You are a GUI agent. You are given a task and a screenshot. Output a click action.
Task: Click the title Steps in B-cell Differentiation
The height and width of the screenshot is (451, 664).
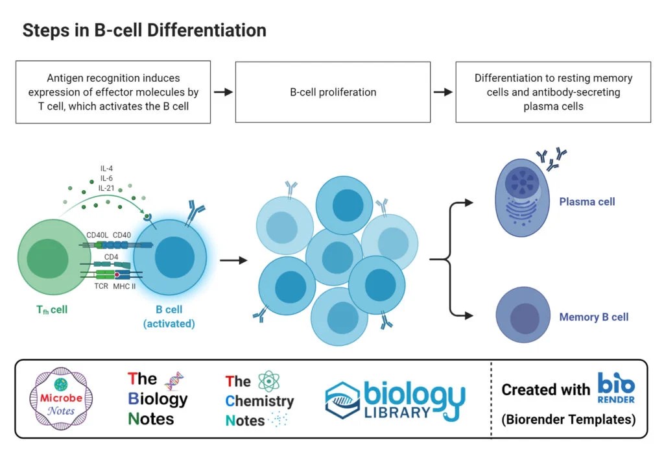click(144, 30)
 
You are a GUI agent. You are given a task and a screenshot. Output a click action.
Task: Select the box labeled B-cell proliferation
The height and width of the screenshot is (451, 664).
click(333, 92)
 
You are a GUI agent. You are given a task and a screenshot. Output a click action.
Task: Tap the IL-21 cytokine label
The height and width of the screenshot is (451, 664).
click(107, 188)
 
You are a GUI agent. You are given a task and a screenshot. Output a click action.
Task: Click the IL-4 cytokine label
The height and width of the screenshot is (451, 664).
click(107, 169)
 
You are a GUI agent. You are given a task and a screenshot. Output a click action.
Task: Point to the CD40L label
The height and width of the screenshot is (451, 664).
click(98, 235)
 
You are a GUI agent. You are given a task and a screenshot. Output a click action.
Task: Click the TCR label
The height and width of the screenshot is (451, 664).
click(101, 286)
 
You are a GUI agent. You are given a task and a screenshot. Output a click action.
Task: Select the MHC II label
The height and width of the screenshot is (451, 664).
click(124, 286)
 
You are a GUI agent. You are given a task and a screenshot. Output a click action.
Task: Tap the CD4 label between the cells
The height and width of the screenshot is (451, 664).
click(112, 257)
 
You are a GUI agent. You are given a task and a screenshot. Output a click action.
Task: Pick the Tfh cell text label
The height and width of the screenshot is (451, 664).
click(51, 310)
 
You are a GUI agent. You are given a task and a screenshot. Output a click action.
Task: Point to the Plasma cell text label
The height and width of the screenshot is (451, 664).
click(587, 202)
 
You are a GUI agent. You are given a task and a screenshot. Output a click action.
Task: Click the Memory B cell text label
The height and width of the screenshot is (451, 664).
click(593, 317)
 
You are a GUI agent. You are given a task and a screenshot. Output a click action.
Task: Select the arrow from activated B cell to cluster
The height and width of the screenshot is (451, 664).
click(233, 261)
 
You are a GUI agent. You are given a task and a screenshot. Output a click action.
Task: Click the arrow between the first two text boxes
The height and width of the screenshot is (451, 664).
click(223, 92)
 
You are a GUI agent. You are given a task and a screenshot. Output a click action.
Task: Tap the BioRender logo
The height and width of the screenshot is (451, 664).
click(615, 388)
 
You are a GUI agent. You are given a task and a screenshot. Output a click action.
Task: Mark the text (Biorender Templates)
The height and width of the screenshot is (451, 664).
click(568, 419)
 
